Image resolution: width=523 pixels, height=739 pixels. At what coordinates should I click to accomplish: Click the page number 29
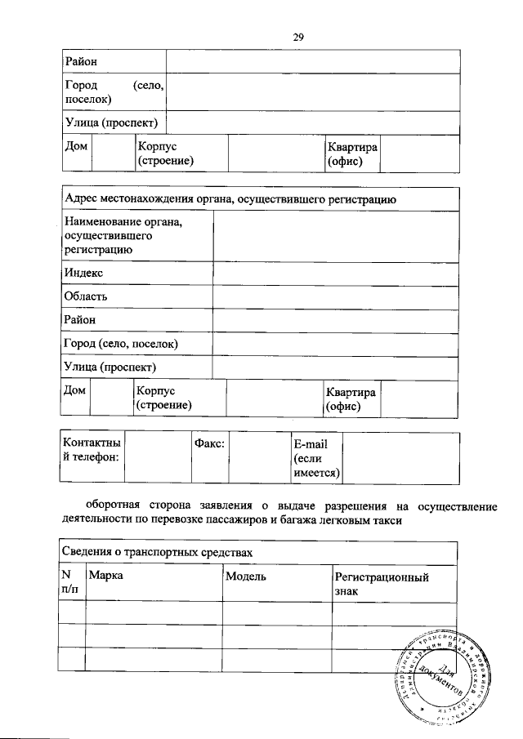pyautogui.click(x=298, y=36)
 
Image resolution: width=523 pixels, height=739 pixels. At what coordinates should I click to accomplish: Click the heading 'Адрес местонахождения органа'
pyautogui.click(x=230, y=198)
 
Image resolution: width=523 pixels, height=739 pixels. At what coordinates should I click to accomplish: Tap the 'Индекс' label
pyautogui.click(x=83, y=273)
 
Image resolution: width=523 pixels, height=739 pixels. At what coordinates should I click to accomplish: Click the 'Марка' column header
pyautogui.click(x=105, y=577)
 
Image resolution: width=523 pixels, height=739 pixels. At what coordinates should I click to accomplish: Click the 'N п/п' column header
pyautogui.click(x=71, y=582)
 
